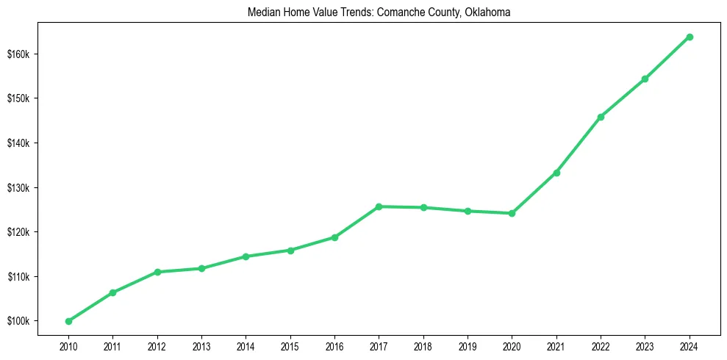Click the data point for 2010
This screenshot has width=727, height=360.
(x=68, y=321)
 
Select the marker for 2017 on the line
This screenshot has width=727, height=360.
(x=379, y=206)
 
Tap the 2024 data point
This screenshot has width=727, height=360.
(x=690, y=37)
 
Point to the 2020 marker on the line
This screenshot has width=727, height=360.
(x=512, y=213)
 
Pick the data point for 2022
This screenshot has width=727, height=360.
(x=601, y=117)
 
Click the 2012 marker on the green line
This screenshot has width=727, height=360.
(x=157, y=272)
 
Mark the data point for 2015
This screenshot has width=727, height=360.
(x=290, y=251)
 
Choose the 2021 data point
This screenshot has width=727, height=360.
(x=556, y=173)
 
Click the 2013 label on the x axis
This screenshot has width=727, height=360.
(x=201, y=345)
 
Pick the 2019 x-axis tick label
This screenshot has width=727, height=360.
(x=468, y=345)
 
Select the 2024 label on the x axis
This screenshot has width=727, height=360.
(x=690, y=345)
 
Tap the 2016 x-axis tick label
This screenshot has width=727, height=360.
(x=334, y=345)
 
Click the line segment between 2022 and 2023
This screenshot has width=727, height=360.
(x=623, y=98)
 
